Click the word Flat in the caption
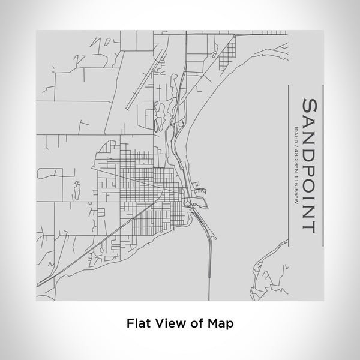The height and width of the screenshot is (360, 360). click(x=137, y=322)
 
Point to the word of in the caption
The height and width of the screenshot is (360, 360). click(x=196, y=322)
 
